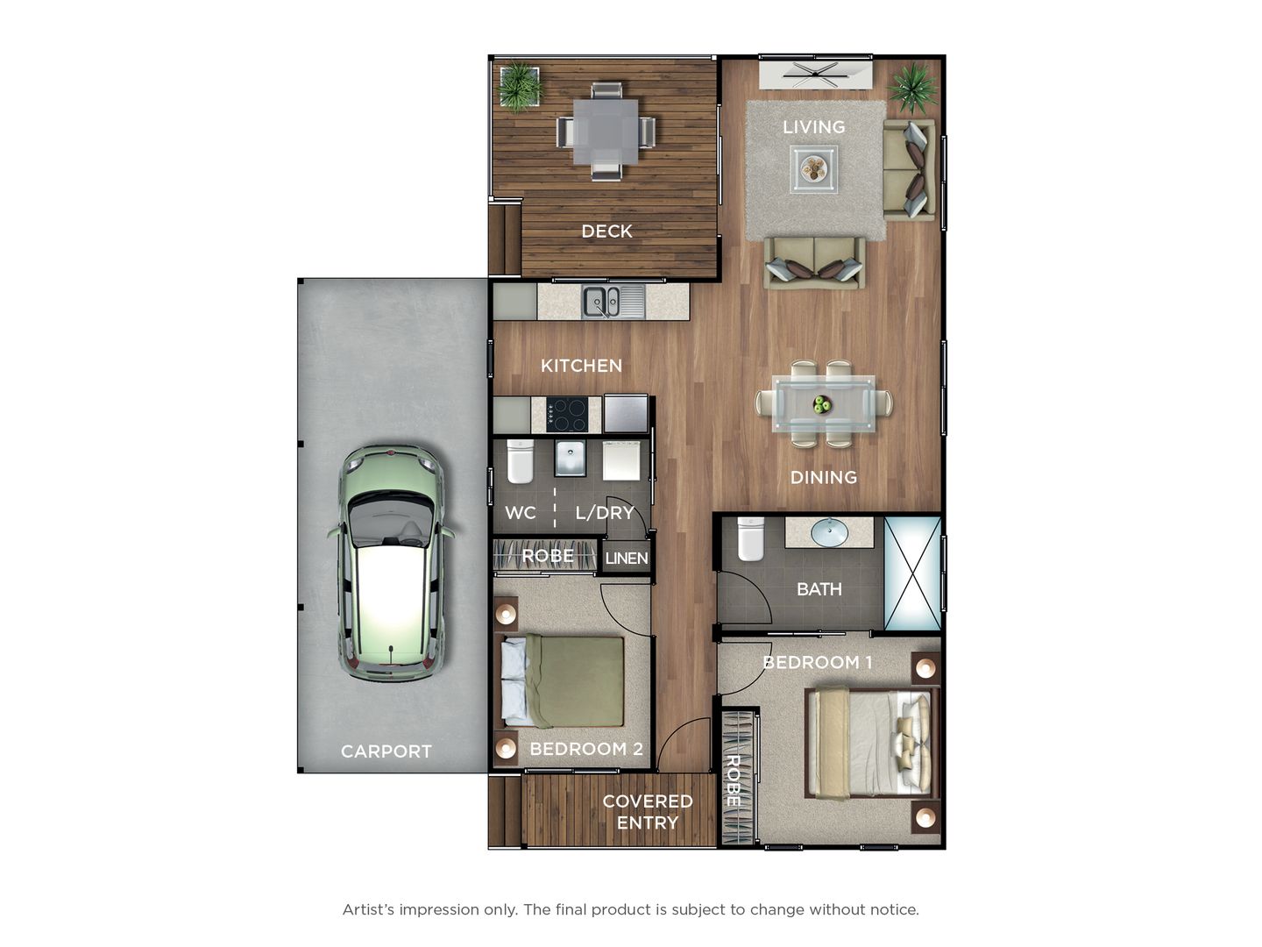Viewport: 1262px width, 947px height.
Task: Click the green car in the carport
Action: [x=391, y=563]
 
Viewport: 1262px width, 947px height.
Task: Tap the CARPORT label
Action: [x=386, y=751]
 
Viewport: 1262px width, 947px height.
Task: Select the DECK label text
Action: [x=606, y=231]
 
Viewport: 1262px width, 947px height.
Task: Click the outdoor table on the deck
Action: [x=606, y=132]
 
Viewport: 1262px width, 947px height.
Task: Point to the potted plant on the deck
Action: [x=520, y=85]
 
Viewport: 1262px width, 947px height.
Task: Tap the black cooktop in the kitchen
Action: [x=567, y=414]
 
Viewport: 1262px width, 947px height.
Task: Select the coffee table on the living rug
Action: [x=813, y=168]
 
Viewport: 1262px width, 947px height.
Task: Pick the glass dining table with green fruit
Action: [x=823, y=404]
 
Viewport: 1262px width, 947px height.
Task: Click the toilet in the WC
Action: [x=520, y=461]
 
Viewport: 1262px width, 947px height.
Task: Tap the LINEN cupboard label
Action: [x=626, y=558]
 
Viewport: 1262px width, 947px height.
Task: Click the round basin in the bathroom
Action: [x=828, y=531]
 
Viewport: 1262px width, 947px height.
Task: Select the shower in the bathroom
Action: [x=912, y=573]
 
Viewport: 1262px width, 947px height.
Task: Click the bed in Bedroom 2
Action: [x=563, y=681]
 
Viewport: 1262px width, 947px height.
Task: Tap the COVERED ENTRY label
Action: [x=647, y=811]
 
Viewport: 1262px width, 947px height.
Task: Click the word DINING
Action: [x=823, y=477]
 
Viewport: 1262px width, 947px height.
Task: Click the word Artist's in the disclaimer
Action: [x=368, y=909]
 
